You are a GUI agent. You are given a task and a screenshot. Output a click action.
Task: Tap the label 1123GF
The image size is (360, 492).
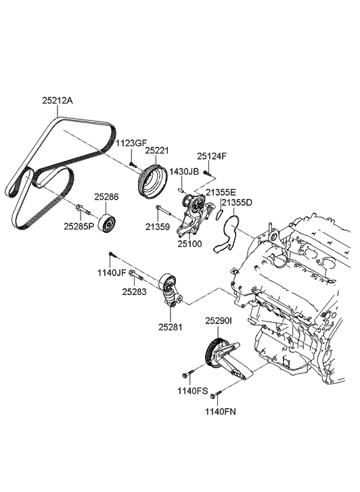pos(129,143)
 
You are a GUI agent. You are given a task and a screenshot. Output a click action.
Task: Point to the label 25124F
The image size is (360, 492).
pos(212,156)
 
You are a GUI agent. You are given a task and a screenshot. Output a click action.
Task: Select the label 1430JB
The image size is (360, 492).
pos(184,172)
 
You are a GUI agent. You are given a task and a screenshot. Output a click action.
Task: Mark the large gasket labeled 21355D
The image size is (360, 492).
pos(229,233)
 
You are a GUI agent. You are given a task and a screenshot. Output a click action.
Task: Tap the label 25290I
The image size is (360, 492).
pos(219,321)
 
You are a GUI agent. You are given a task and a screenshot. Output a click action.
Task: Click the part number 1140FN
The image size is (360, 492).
pos(221,409)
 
